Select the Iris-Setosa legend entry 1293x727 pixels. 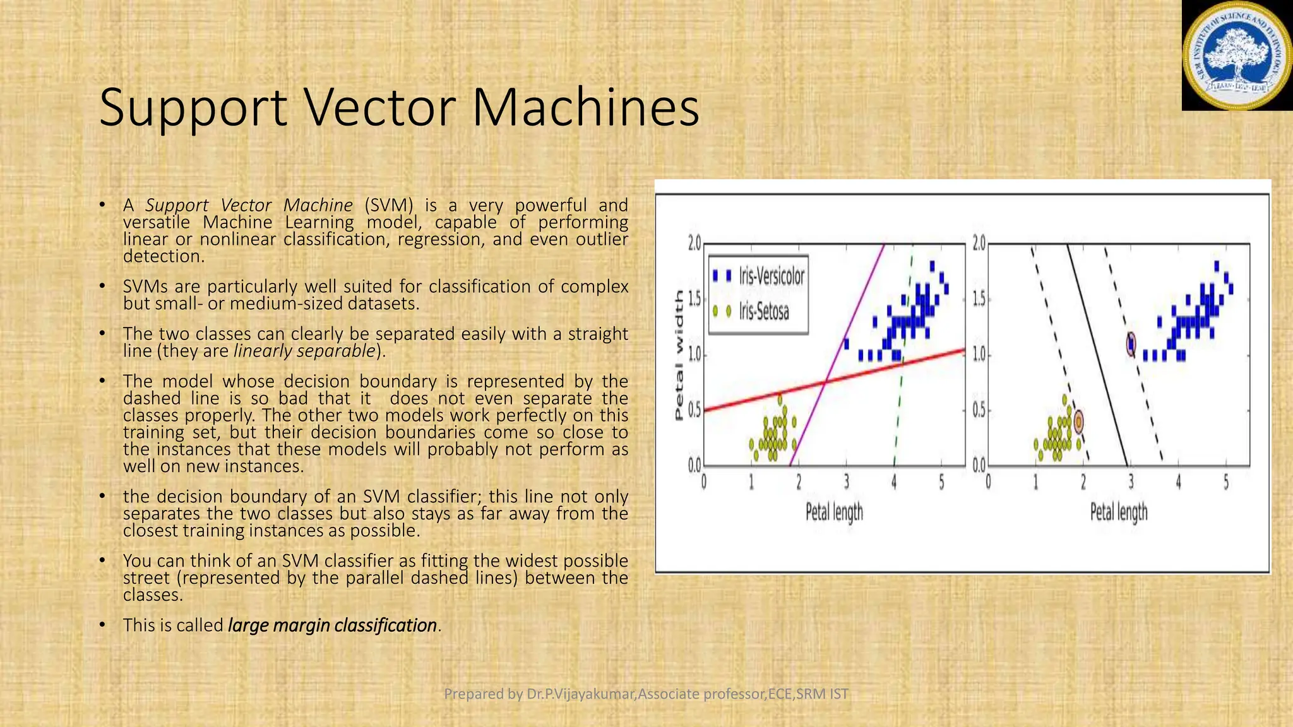click(763, 311)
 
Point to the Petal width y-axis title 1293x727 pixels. click(679, 355)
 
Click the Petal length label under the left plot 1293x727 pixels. click(834, 512)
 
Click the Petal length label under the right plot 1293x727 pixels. click(1119, 512)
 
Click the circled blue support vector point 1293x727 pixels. click(1131, 344)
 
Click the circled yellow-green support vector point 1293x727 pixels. click(1079, 421)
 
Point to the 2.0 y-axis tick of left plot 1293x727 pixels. click(694, 243)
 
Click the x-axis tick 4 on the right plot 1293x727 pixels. click(1178, 483)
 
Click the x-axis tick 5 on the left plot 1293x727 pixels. click(941, 483)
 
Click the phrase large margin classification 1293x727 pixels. click(332, 625)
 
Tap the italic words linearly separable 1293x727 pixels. click(305, 351)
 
